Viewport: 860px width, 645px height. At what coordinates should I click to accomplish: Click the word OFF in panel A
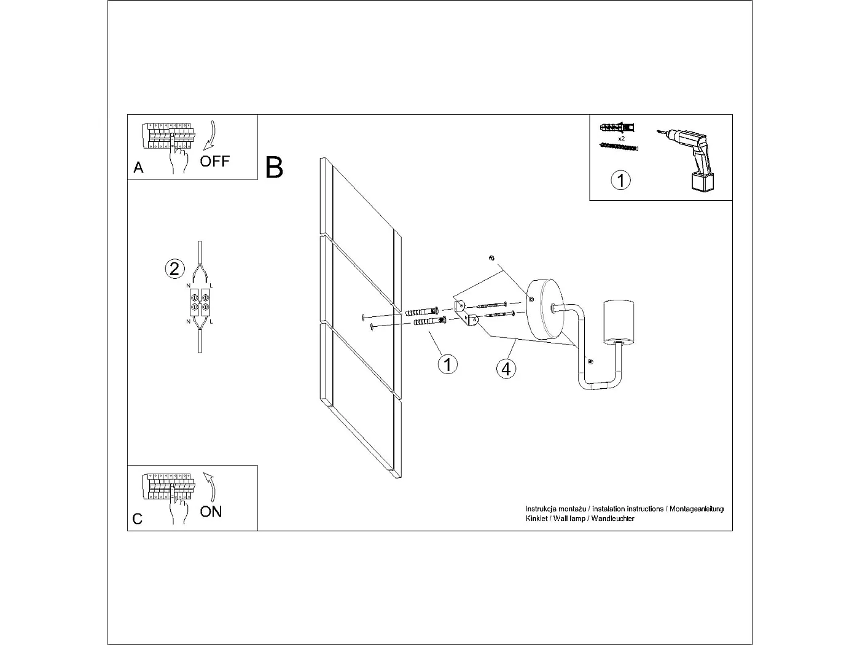tap(215, 162)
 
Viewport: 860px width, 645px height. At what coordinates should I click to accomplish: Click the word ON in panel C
tap(211, 512)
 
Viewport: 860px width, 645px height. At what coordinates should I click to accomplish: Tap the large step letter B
tap(274, 168)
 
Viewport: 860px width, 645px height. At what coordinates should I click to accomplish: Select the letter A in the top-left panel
tap(138, 168)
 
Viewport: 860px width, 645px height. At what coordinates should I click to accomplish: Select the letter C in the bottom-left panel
tap(138, 519)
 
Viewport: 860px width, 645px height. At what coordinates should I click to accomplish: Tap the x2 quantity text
tap(621, 139)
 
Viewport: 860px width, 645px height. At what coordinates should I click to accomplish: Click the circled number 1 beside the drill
tap(621, 180)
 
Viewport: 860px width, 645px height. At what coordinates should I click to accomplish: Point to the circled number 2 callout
tap(174, 268)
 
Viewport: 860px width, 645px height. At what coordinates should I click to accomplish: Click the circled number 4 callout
tap(506, 369)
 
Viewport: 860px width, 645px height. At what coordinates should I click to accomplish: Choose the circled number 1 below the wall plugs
tap(447, 364)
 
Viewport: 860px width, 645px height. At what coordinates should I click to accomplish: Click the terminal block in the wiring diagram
tap(200, 302)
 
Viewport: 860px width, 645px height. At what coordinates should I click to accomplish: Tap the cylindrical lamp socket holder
tap(619, 322)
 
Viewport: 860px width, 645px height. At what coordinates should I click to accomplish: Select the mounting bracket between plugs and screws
tap(466, 313)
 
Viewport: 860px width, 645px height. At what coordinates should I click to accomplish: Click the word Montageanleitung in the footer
tap(697, 509)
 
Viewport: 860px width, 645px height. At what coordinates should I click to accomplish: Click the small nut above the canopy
tap(491, 258)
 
